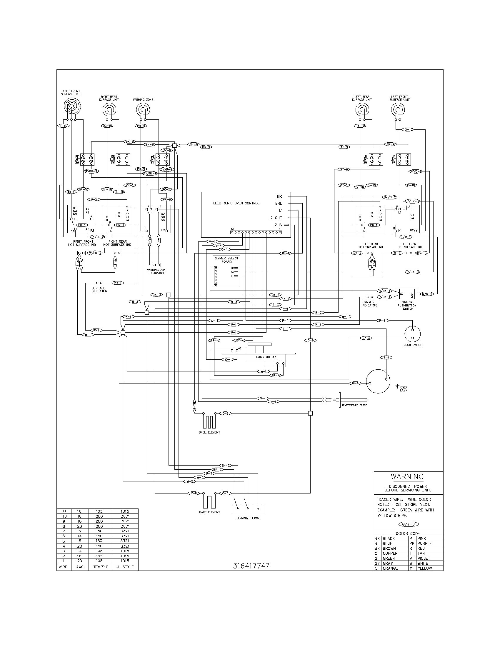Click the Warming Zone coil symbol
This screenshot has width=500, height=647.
coord(143,110)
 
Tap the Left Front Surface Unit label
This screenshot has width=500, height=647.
coord(399,98)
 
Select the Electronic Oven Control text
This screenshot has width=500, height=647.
coord(236,203)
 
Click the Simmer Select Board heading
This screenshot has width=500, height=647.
coord(226,260)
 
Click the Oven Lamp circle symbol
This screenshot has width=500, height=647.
coord(378,381)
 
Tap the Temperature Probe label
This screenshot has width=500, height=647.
coord(354,405)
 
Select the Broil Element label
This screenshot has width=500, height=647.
coord(209,432)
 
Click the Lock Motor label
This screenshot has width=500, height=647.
coord(266,357)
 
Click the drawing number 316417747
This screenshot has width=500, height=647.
coord(251,566)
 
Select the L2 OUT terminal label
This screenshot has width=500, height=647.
coord(275,218)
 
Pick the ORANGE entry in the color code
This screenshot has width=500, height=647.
coord(390,568)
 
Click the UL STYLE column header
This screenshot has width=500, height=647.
coord(124,567)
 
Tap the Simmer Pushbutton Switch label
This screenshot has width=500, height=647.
coord(407,306)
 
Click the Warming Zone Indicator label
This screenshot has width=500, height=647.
coord(157,271)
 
